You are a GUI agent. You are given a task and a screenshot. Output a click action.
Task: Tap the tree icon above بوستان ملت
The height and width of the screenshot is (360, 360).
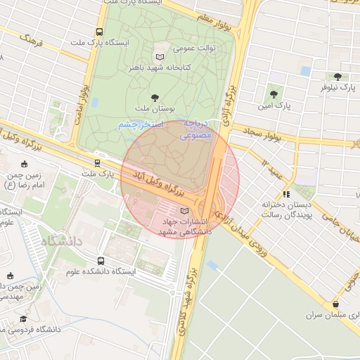(x=155, y=97)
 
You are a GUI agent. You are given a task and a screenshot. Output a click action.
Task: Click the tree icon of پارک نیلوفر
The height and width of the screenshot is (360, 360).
(x=338, y=76)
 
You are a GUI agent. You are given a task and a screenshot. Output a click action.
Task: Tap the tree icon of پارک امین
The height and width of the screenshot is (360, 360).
(x=274, y=94)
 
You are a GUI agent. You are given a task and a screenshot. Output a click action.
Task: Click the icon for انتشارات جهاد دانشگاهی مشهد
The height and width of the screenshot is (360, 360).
(x=184, y=211)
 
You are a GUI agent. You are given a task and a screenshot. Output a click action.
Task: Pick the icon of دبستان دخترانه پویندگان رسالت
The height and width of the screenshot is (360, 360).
(x=285, y=194)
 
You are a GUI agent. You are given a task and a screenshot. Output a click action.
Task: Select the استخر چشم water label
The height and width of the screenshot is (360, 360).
(x=141, y=124)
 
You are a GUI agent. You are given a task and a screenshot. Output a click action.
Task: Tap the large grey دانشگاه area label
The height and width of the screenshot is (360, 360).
(x=63, y=241)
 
